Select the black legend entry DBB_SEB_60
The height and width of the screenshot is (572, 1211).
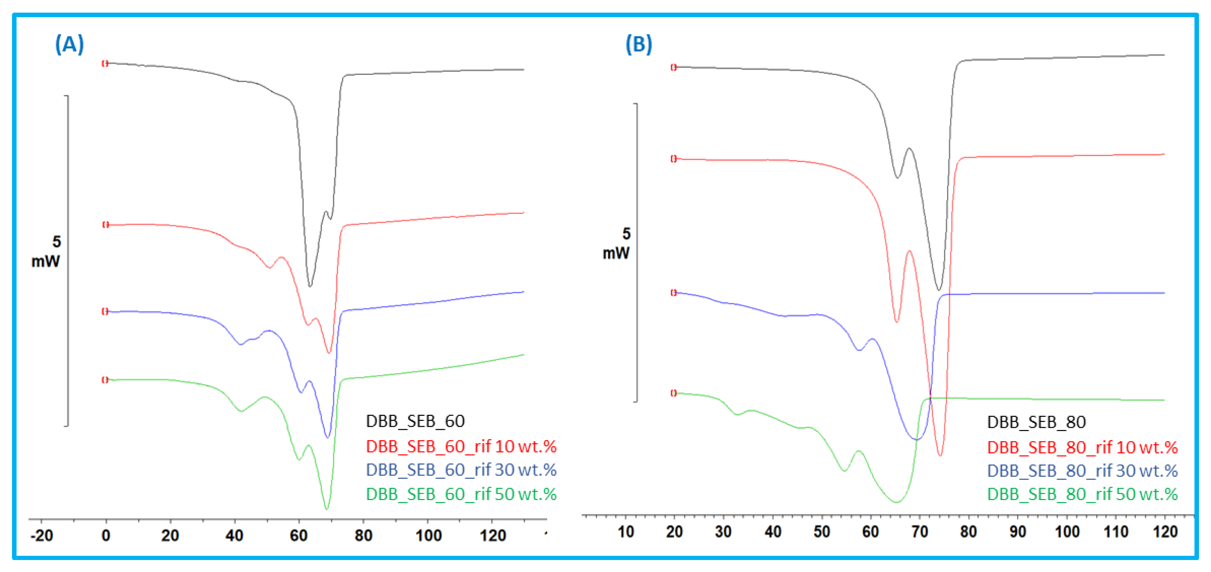tap(415, 421)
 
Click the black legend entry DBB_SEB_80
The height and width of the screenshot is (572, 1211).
tap(1036, 422)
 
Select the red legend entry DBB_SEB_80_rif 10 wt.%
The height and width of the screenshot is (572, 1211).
tap(1082, 447)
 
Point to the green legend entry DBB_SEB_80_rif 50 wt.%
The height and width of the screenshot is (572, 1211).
tap(1082, 494)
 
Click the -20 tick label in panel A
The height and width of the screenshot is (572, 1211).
tap(41, 535)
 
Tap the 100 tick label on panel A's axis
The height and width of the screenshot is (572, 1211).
tap(428, 535)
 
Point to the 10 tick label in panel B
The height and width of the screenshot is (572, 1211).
tap(625, 531)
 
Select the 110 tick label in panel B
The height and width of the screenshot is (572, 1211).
tap(1116, 531)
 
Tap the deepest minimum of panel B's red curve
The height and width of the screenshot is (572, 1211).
tap(940, 455)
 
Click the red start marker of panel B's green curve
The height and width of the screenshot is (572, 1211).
tap(673, 393)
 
